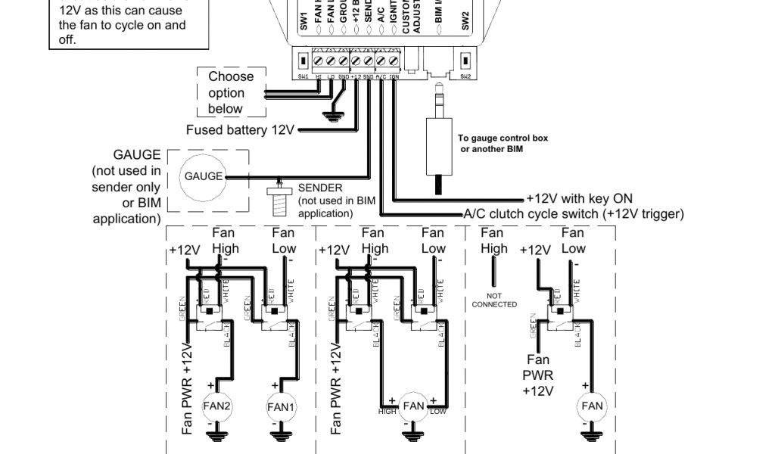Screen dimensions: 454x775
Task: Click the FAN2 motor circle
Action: pyautogui.click(x=217, y=406)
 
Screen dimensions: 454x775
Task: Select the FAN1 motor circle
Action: pyautogui.click(x=281, y=406)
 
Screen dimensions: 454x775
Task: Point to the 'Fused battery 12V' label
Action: pyautogui.click(x=240, y=130)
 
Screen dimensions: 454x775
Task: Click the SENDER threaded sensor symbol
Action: pyautogui.click(x=280, y=199)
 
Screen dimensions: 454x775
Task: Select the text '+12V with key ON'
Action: pyautogui.click(x=579, y=199)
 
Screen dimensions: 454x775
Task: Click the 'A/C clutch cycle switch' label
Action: pyautogui.click(x=573, y=214)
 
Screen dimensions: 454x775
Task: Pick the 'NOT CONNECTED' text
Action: pyautogui.click(x=494, y=300)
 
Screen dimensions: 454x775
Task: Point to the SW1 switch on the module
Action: pyautogui.click(x=303, y=60)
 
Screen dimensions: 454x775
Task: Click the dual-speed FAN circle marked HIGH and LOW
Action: pyautogui.click(x=413, y=406)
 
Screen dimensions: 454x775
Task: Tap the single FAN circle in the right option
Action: pyautogui.click(x=593, y=406)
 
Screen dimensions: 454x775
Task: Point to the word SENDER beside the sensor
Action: pyautogui.click(x=320, y=188)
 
